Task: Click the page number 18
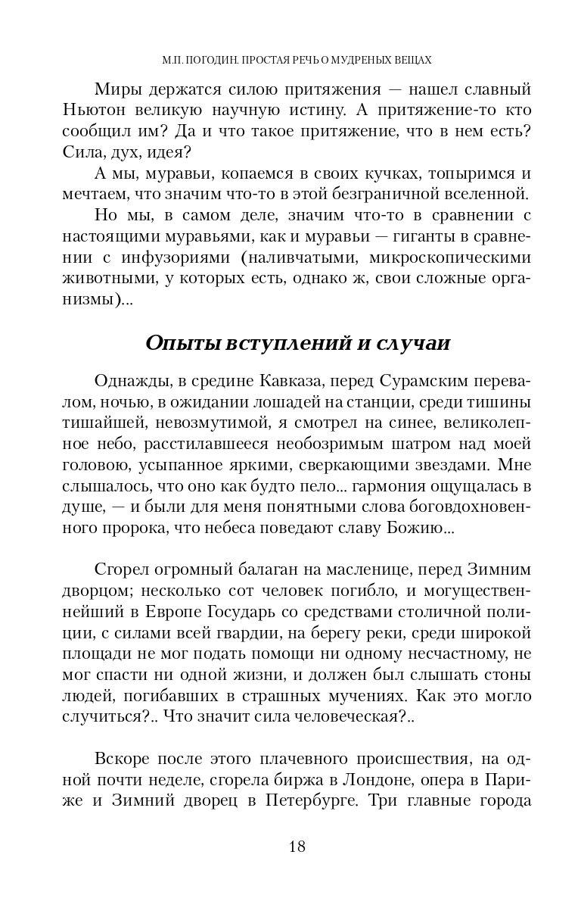297,846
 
